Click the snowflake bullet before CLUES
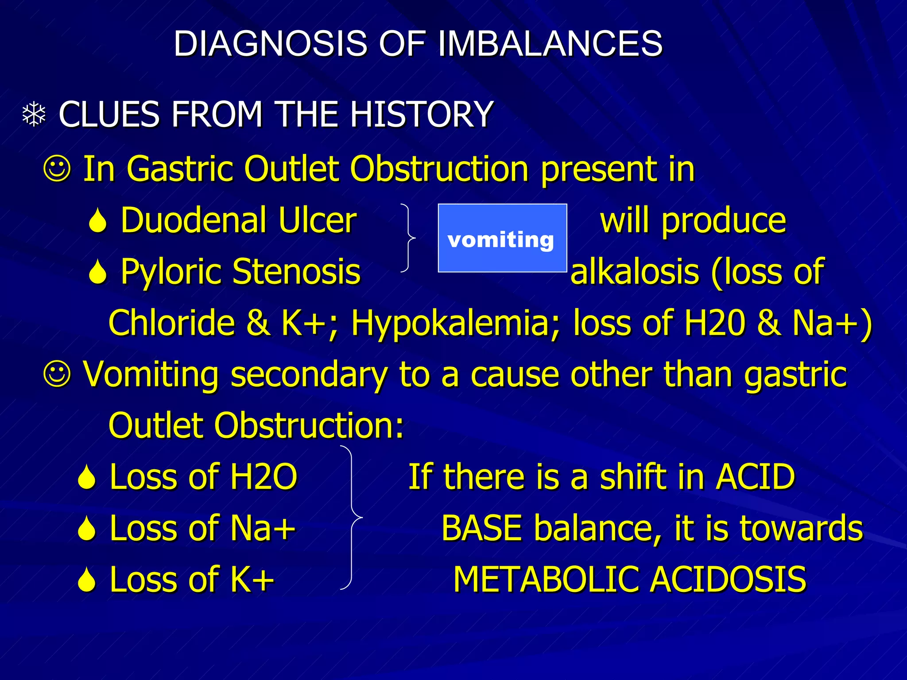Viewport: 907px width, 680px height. (34, 115)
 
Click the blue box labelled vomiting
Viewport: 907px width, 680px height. (502, 238)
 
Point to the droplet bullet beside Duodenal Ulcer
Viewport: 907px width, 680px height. (97, 221)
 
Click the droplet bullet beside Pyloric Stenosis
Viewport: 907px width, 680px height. (97, 272)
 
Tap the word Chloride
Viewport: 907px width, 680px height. (171, 323)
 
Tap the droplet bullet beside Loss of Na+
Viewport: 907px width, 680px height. (86, 529)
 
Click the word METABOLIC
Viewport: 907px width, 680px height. (547, 580)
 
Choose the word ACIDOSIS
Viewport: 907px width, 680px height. (729, 580)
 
